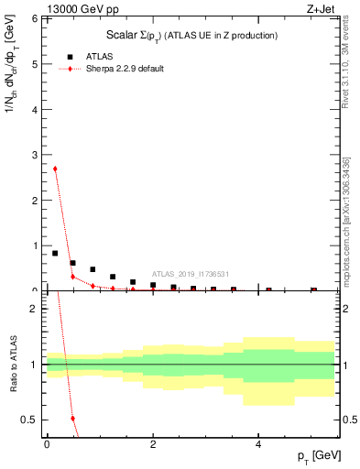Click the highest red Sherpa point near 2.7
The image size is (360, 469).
(55, 169)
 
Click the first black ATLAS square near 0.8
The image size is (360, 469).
(55, 253)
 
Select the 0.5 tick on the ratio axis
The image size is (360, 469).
(30, 420)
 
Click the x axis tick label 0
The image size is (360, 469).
(47, 443)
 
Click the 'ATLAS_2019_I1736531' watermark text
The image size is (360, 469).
(191, 274)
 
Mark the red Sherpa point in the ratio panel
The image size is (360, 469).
(72, 419)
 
